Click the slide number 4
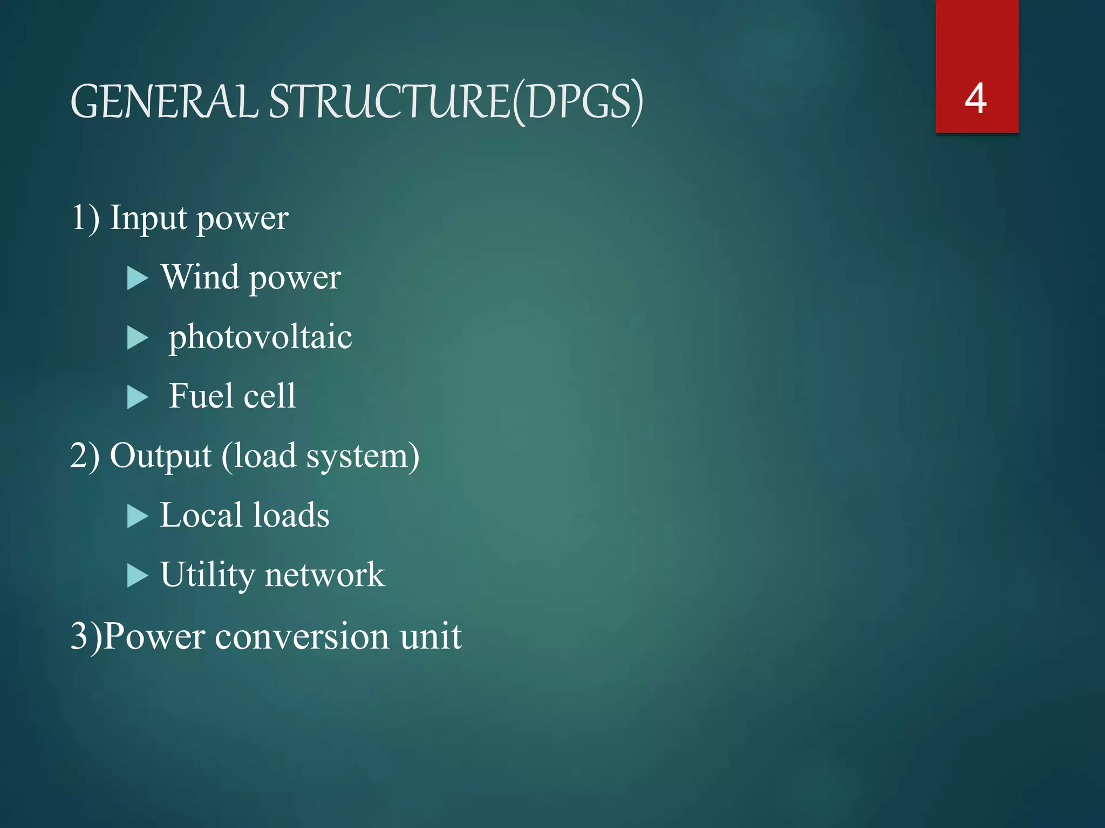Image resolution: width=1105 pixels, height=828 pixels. point(976,99)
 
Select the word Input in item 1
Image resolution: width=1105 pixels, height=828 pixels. point(148,219)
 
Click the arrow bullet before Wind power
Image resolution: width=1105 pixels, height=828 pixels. point(138,279)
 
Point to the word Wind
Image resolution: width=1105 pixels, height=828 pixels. point(200,277)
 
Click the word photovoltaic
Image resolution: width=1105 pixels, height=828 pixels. point(260,337)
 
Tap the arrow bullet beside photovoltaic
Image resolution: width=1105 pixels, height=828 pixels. point(138,339)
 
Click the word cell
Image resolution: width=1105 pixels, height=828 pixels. point(269,396)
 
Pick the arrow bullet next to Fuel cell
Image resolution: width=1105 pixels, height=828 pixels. point(138,398)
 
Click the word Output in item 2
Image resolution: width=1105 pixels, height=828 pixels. point(160,456)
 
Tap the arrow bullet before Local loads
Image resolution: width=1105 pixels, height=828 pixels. point(138,516)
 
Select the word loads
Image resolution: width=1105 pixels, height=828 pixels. point(291,515)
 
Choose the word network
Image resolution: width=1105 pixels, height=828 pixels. point(325,575)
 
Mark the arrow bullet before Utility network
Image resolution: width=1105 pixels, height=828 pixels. point(138,576)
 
